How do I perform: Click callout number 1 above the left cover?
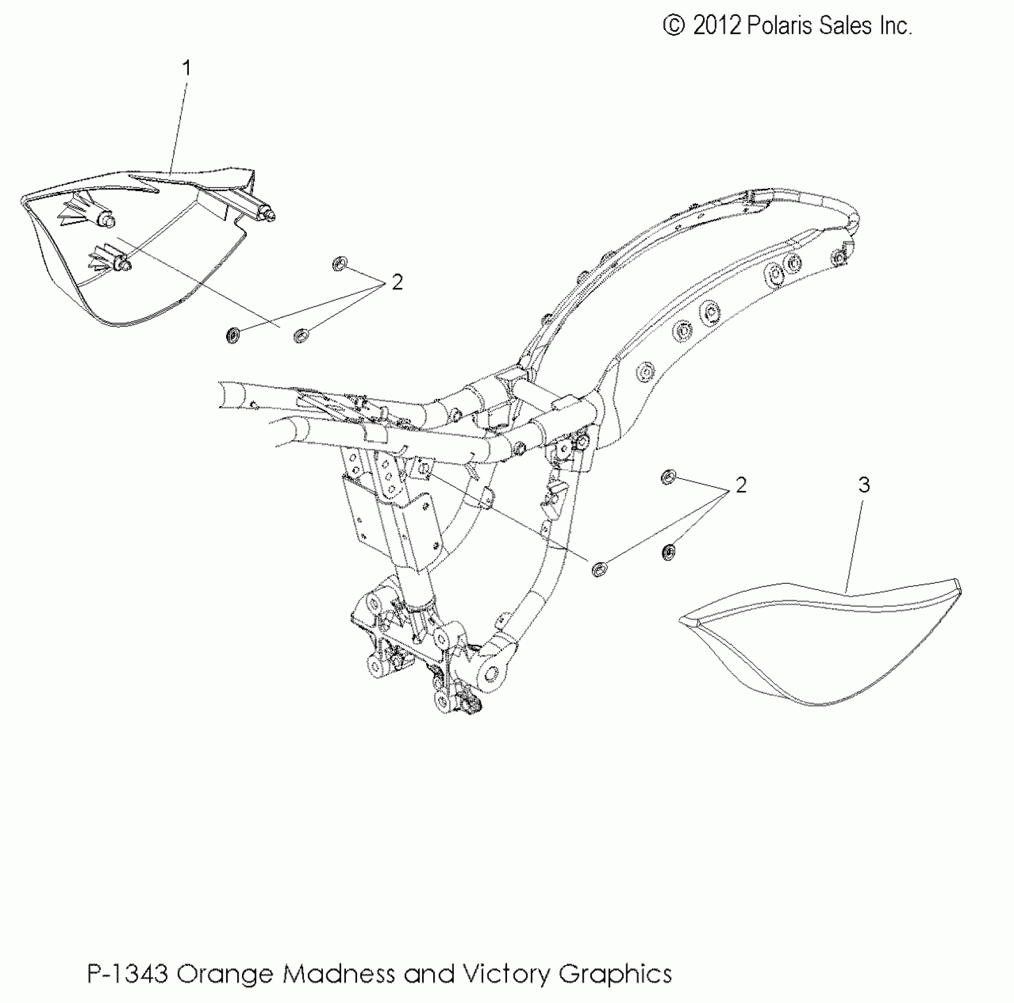pyautogui.click(x=187, y=68)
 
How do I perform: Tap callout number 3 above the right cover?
pyautogui.click(x=864, y=485)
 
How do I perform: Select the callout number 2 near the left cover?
pyautogui.click(x=397, y=283)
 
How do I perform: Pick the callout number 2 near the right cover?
pyautogui.click(x=741, y=485)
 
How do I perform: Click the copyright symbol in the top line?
pyautogui.click(x=673, y=26)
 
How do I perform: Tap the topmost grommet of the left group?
pyautogui.click(x=339, y=264)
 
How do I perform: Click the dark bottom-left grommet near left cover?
pyautogui.click(x=233, y=336)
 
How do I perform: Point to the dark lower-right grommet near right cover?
pyautogui.click(x=669, y=552)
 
